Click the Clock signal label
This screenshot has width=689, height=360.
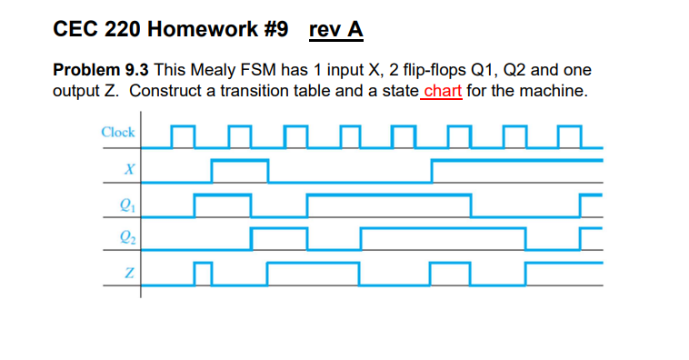pyautogui.click(x=118, y=132)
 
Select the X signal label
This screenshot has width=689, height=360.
pyautogui.click(x=129, y=168)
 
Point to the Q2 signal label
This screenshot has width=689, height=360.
pyautogui.click(x=127, y=238)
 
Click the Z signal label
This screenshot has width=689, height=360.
pyautogui.click(x=129, y=273)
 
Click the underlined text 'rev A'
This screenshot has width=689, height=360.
pyautogui.click(x=335, y=30)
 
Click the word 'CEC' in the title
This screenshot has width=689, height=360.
pyautogui.click(x=75, y=30)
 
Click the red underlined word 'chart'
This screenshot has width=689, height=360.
pyautogui.click(x=443, y=91)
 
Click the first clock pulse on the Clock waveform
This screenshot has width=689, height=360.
pyautogui.click(x=183, y=135)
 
